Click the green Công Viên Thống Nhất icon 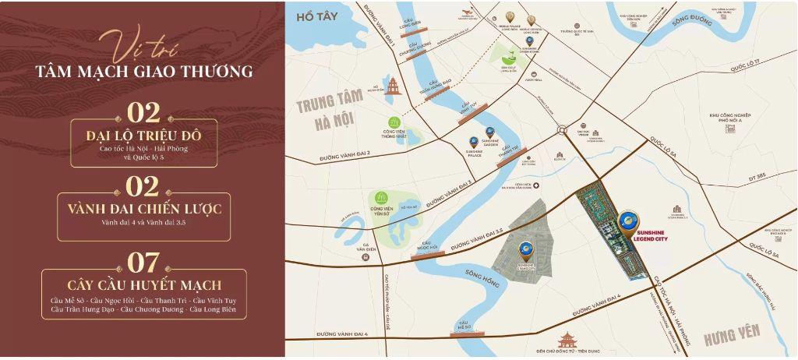[395, 122]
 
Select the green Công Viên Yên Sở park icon [382, 197]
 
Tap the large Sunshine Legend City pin [628, 224]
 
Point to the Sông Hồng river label [482, 274]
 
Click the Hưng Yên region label [731, 335]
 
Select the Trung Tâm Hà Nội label [326, 112]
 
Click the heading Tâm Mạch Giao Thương [143, 72]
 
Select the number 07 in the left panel [143, 262]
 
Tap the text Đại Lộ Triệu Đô [143, 137]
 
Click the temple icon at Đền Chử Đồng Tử [567, 340]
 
